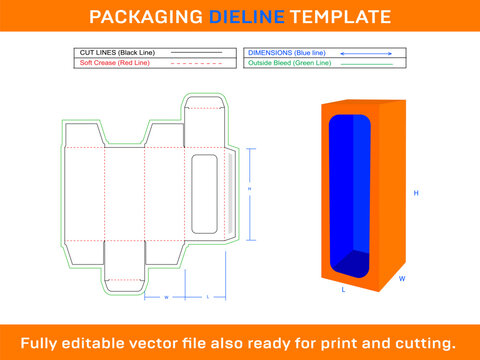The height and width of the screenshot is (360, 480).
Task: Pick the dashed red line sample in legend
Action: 195,62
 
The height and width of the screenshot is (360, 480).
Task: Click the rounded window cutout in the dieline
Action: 204,194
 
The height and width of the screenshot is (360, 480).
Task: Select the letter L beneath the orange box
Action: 344,290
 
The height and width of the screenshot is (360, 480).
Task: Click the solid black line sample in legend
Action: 195,51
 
